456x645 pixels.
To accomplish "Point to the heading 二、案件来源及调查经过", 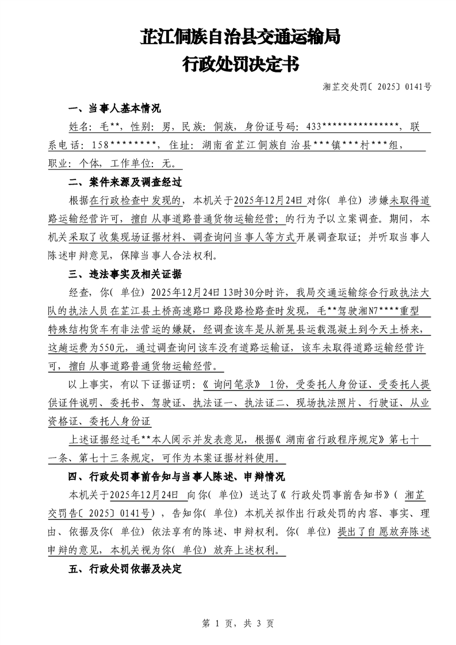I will click(125, 182).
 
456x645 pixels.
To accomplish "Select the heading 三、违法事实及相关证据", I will click(125, 274).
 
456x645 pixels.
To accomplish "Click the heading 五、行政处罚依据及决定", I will click(125, 569).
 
